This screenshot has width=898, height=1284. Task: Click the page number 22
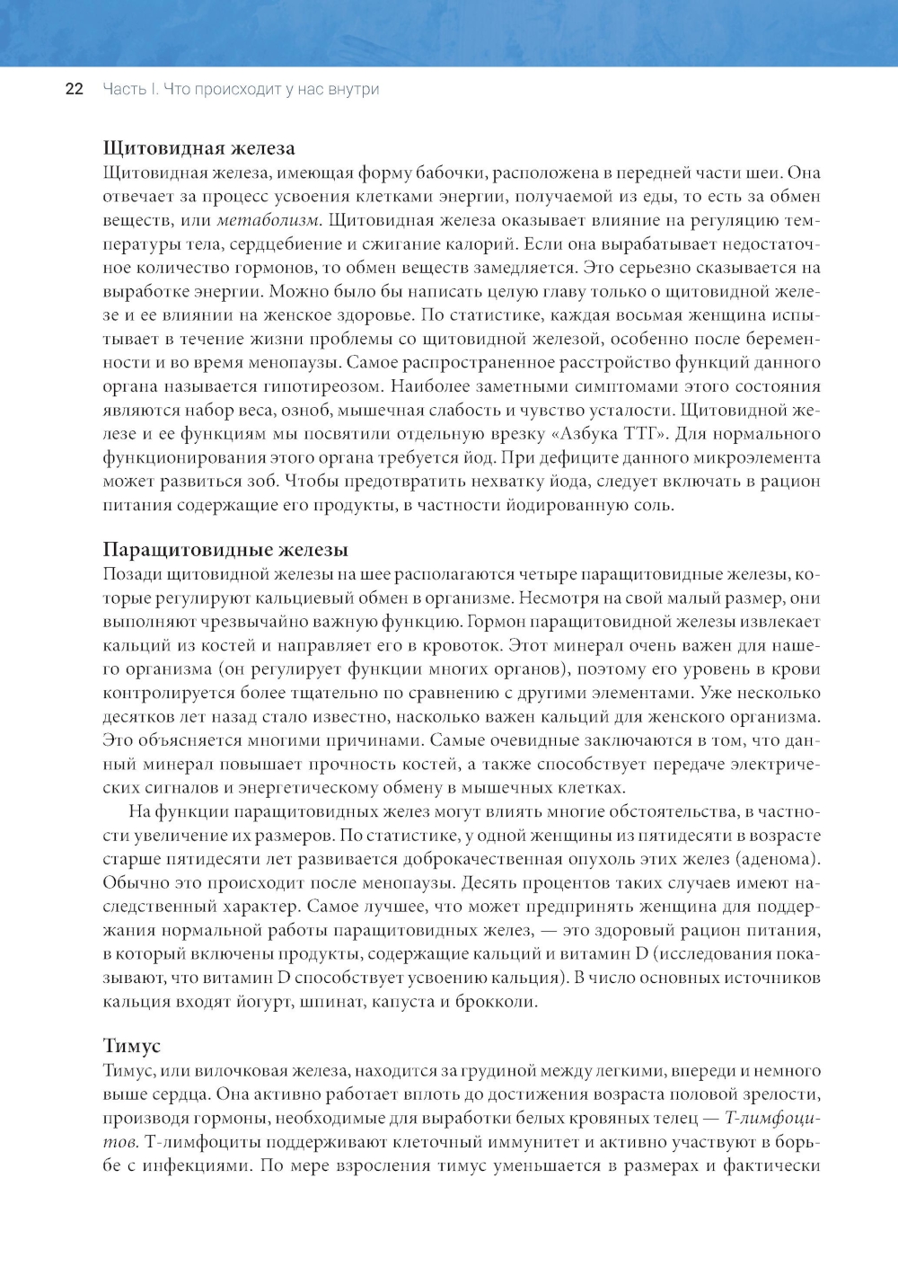pos(74,89)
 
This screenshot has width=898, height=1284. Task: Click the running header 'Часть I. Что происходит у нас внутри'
pos(241,89)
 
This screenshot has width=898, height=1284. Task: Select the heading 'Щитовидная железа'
pos(198,148)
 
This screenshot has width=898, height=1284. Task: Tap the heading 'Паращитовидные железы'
pos(224,550)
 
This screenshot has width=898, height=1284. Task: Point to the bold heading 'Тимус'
pos(131,1046)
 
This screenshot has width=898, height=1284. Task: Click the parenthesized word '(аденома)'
pos(779,859)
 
